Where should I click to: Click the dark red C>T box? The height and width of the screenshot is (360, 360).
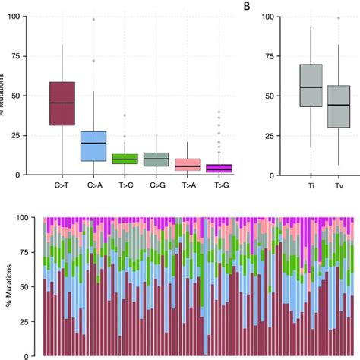[62, 103]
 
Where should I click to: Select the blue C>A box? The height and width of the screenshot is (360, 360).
[93, 146]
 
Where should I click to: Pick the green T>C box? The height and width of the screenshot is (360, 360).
[125, 159]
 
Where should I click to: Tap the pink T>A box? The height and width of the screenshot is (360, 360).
[187, 164]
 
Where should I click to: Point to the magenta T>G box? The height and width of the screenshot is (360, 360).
[218, 168]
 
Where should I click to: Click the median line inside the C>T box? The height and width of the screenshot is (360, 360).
[62, 103]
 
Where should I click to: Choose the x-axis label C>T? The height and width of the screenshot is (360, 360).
[62, 185]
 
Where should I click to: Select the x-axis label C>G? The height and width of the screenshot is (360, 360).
[156, 185]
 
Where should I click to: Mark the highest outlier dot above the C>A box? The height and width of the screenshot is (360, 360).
[93, 19]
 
